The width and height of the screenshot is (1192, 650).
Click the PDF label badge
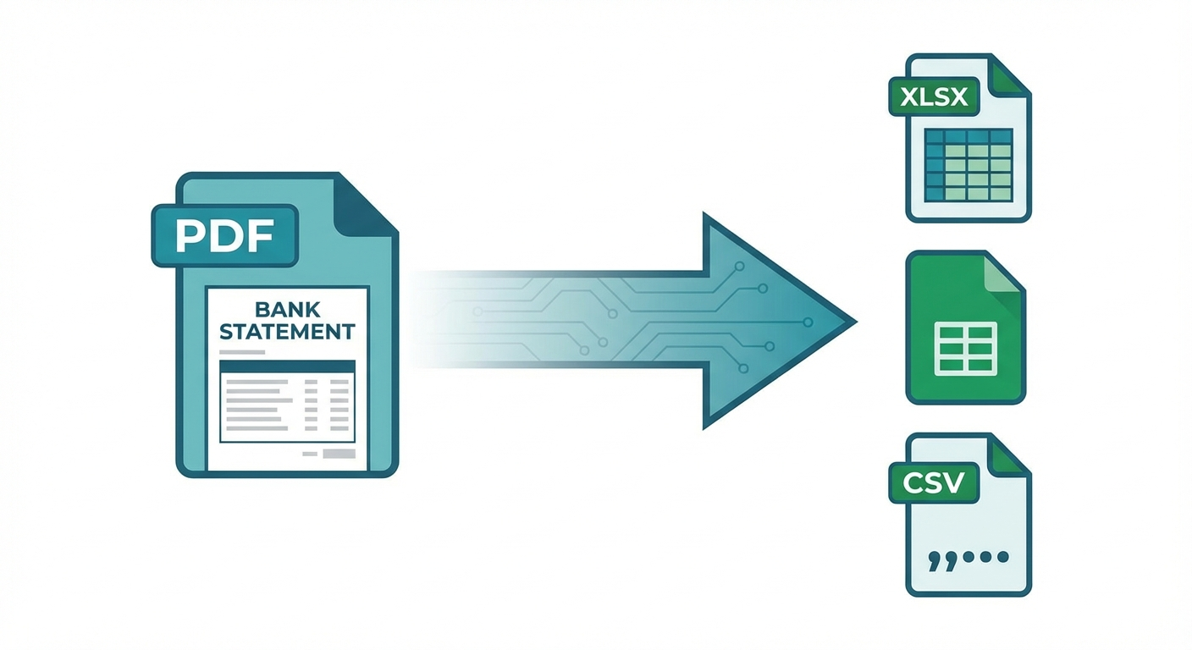pyautogui.click(x=224, y=235)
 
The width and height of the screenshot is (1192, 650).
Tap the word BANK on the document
pyautogui.click(x=287, y=309)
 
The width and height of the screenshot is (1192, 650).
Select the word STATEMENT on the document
pyautogui.click(x=287, y=331)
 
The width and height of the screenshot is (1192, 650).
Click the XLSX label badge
pyautogui.click(x=934, y=96)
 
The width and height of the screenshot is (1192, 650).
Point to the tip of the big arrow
pyautogui.click(x=853, y=322)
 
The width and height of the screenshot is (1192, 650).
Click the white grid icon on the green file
pyautogui.click(x=964, y=348)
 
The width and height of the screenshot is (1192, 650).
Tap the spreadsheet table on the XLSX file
pyautogui.click(x=968, y=165)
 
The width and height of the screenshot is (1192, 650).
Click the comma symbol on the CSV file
pyautogui.click(x=936, y=559)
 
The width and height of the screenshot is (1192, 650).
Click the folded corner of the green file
pyautogui.click(x=1004, y=275)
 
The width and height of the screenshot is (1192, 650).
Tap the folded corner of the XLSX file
pyautogui.click(x=1009, y=74)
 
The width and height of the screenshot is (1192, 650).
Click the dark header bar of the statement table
pyautogui.click(x=287, y=366)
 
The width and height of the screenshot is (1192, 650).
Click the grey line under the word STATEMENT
pyautogui.click(x=241, y=350)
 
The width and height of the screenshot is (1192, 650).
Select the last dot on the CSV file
pyautogui.click(x=1003, y=558)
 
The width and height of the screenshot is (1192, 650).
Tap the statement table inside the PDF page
pyautogui.click(x=287, y=402)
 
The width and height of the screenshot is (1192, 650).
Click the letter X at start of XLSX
pyautogui.click(x=908, y=96)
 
